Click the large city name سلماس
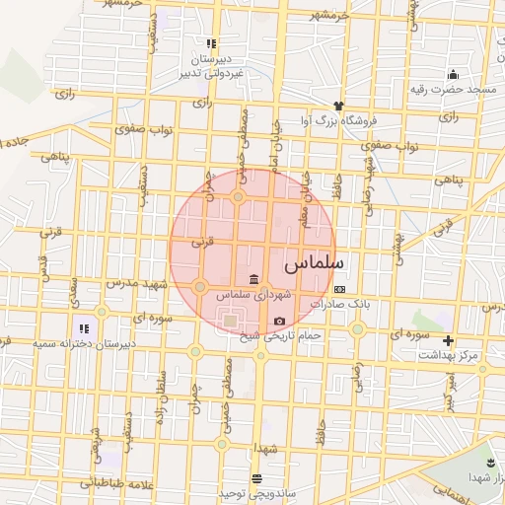tap(314, 265)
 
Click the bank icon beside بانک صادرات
tap(340, 289)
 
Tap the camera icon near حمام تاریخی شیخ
tap(280, 322)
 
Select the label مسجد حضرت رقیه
tap(453, 90)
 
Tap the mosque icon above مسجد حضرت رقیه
tap(453, 74)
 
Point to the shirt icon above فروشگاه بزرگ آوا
tap(339, 106)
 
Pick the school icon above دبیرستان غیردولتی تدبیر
tap(210, 43)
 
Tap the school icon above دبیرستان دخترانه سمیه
tap(84, 327)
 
